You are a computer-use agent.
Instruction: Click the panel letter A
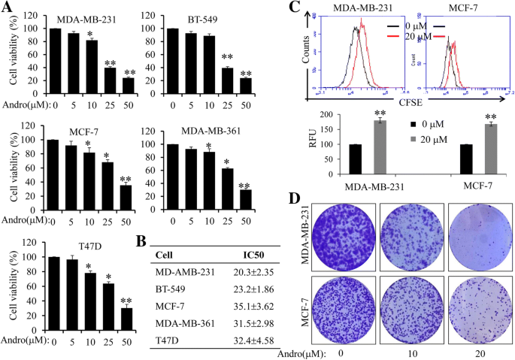click(8, 9)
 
